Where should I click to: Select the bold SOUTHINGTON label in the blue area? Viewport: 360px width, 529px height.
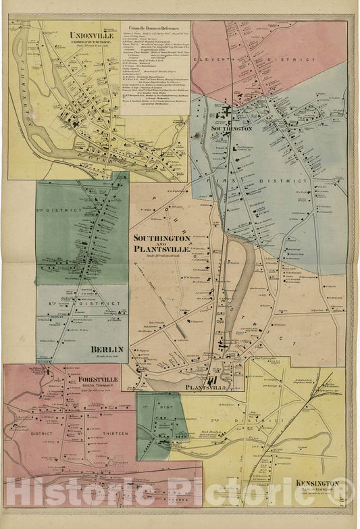pyautogui.click(x=232, y=128)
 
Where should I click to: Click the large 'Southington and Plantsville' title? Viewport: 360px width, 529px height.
pyautogui.click(x=162, y=243)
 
